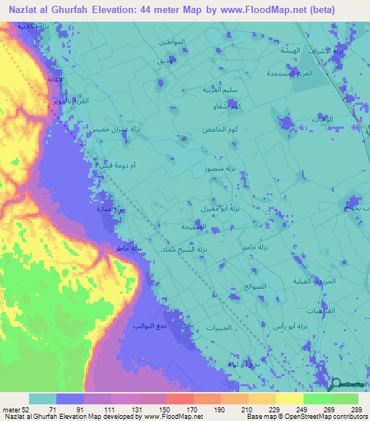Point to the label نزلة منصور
[x=215, y=168]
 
